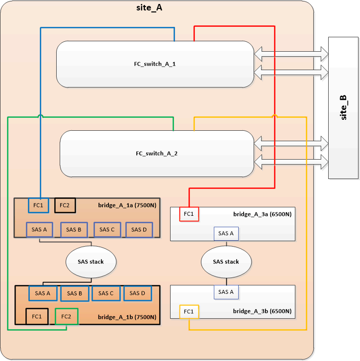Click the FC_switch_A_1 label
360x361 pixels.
[x=156, y=65]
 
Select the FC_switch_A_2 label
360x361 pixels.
[x=157, y=154]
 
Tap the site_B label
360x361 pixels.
[x=344, y=107]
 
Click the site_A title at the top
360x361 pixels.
[x=149, y=8]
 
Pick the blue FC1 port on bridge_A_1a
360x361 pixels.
[x=38, y=204]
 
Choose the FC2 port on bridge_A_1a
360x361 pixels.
[x=65, y=204]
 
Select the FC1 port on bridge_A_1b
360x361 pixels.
[x=37, y=316]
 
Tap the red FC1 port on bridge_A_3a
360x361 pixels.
[x=189, y=214]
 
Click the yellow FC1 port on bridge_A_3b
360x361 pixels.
[x=189, y=312]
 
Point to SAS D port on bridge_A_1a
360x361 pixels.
[x=136, y=229]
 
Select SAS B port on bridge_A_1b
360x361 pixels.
[x=75, y=293]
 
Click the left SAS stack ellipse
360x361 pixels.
[x=91, y=262]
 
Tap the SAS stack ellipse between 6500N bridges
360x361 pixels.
[x=226, y=262]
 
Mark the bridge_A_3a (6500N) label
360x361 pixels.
[x=262, y=214]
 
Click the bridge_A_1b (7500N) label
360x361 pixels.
[x=127, y=317]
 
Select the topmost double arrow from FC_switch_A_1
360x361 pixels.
[x=291, y=52]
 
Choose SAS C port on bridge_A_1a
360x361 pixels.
[x=107, y=229]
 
